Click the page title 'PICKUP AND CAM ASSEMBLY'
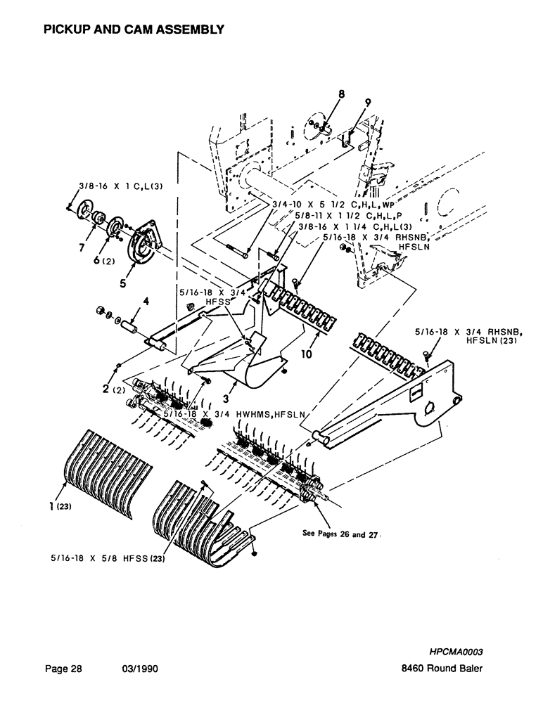coord(134,29)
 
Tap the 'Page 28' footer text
coord(63,670)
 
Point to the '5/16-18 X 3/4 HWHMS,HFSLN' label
coord(232,415)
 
